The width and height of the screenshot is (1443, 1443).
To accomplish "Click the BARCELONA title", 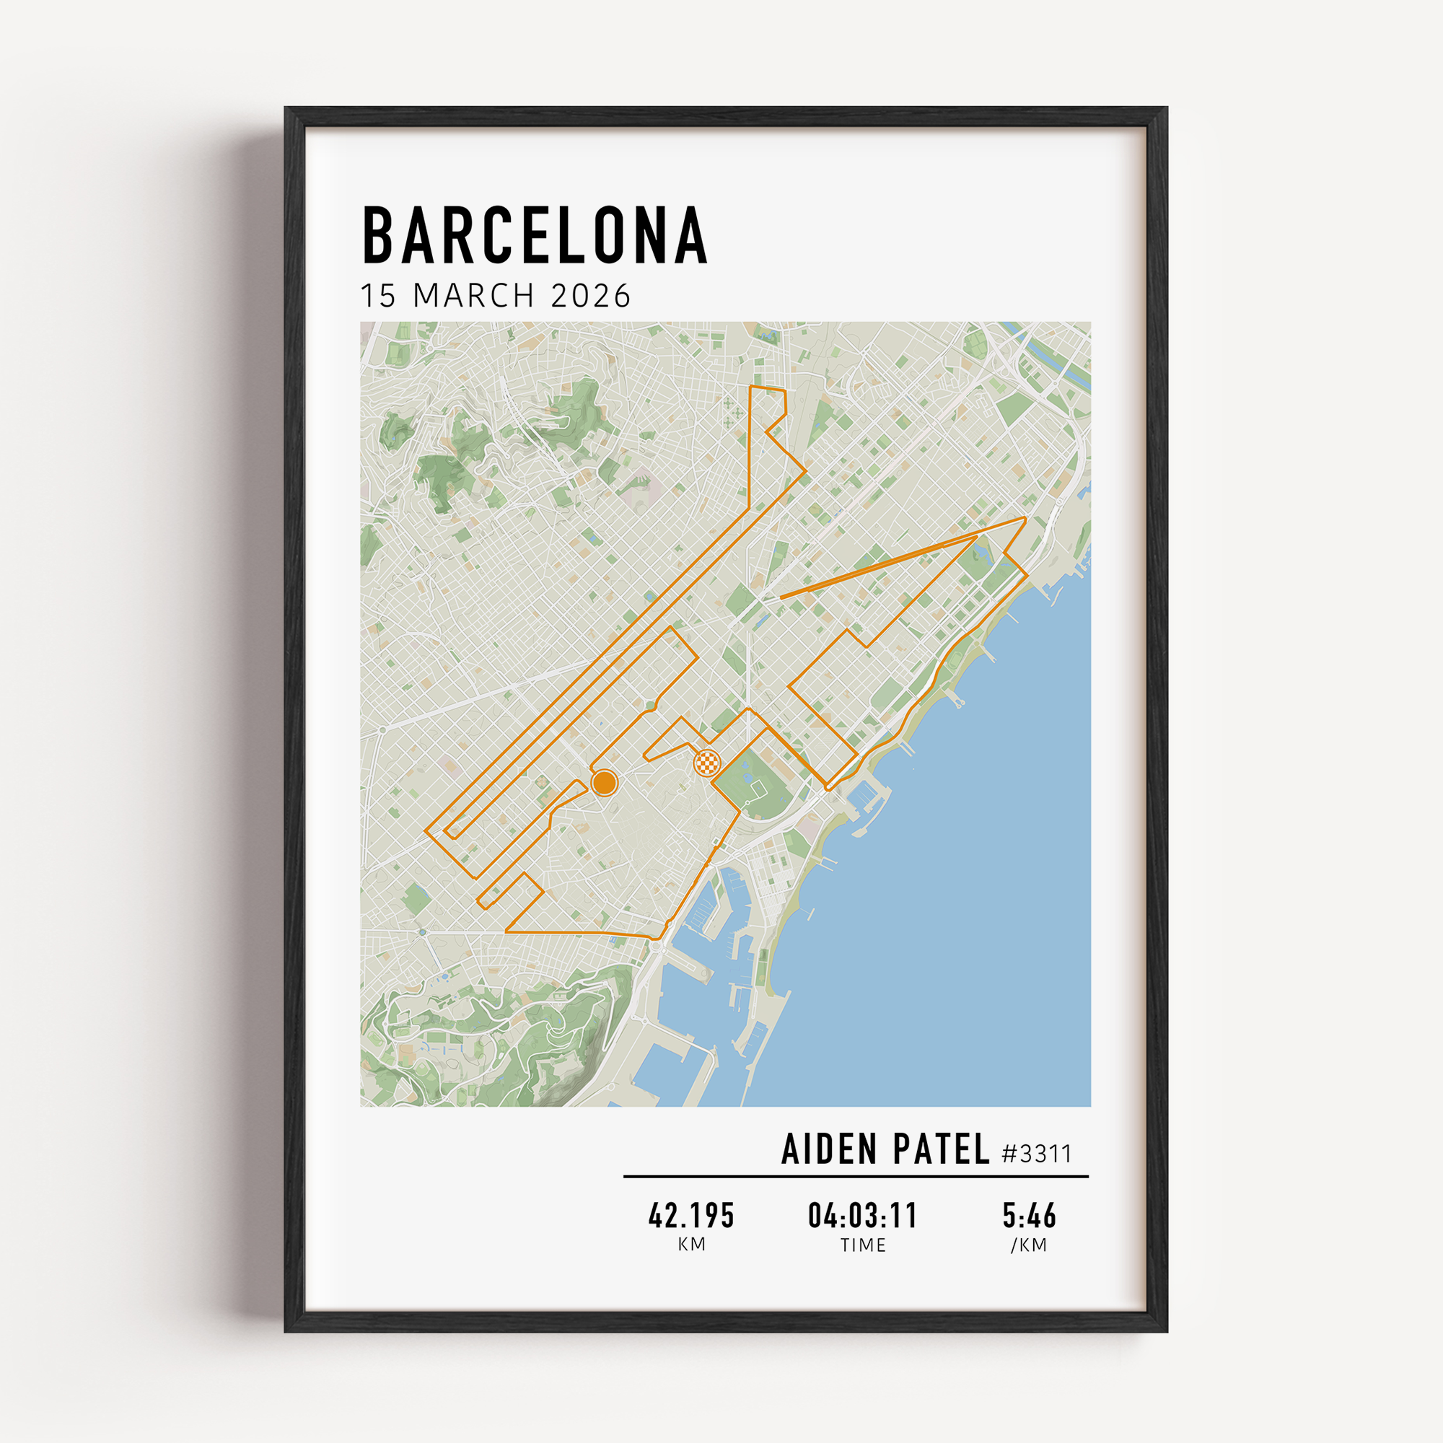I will tap(534, 235).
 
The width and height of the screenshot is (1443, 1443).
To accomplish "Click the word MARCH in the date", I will tap(473, 296).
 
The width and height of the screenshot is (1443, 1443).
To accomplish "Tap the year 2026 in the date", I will tap(591, 296).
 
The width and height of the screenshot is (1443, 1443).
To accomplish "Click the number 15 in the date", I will tap(378, 296).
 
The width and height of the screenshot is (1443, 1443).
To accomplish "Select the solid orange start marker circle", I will tap(603, 783).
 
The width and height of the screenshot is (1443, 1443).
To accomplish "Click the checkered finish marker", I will tap(707, 763).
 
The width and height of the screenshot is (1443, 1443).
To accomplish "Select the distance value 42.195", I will tap(692, 1216).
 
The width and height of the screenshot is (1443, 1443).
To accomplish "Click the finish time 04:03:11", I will tap(863, 1216).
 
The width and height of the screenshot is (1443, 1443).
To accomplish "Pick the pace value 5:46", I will tap(1030, 1216).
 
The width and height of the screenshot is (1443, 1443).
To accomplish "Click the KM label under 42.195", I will tap(692, 1245).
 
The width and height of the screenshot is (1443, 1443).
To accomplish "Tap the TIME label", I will tap(863, 1245).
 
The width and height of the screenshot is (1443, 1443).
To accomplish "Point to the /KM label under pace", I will tap(1030, 1245).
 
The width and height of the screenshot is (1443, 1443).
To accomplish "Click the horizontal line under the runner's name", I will tap(856, 1176).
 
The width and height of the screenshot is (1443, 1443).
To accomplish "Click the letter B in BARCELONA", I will tap(379, 235).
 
